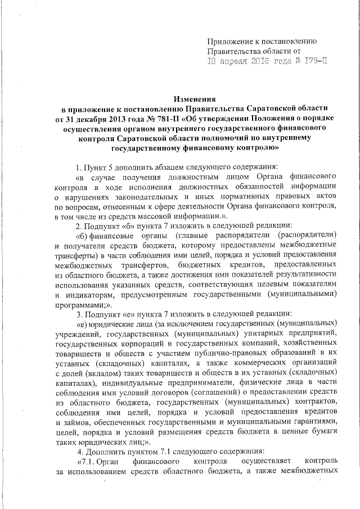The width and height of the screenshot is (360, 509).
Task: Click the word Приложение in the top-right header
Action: click(229, 41)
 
